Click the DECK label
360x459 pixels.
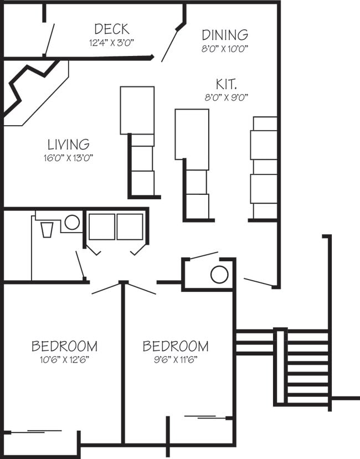[111, 29]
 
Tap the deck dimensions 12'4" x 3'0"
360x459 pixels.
[111, 42]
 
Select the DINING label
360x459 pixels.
[224, 35]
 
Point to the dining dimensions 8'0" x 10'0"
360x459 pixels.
[224, 48]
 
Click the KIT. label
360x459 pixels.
[226, 85]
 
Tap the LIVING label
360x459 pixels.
[68, 145]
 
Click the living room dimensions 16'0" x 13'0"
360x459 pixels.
[68, 158]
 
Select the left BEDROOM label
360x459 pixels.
[64, 347]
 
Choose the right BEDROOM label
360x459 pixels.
[176, 347]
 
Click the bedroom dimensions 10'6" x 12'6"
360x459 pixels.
[64, 359]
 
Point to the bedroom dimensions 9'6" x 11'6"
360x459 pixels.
[176, 359]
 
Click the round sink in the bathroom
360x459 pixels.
[71, 223]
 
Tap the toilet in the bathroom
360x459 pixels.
[47, 229]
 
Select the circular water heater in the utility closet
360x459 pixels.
[219, 275]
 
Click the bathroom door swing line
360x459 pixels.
[80, 265]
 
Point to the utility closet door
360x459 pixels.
[203, 256]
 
